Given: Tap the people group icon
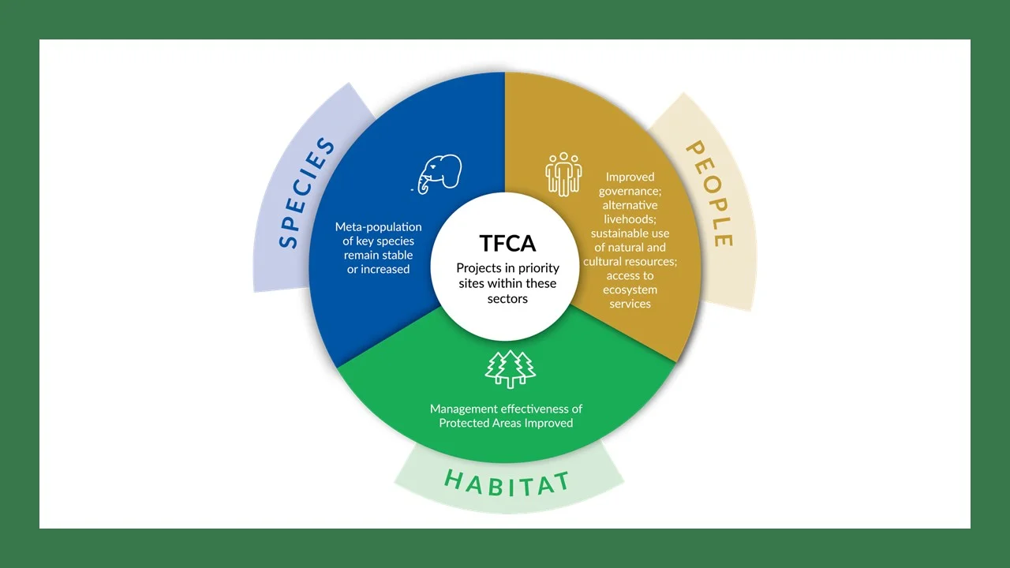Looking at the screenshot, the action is pyautogui.click(x=563, y=174).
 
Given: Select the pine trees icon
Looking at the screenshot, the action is pyautogui.click(x=510, y=369).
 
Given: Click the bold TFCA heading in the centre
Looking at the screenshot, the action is pyautogui.click(x=507, y=244).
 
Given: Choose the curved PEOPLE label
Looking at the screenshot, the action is pyautogui.click(x=710, y=193).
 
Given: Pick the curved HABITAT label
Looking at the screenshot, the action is pyautogui.click(x=507, y=483).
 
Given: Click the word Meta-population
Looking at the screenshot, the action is pyautogui.click(x=378, y=226).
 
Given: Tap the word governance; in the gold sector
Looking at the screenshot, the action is pyautogui.click(x=630, y=192).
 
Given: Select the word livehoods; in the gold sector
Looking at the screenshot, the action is pyautogui.click(x=630, y=219).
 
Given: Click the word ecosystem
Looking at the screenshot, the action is pyautogui.click(x=630, y=290).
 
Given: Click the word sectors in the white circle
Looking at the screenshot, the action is pyautogui.click(x=507, y=299).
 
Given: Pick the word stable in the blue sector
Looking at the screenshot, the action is pyautogui.click(x=397, y=255).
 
